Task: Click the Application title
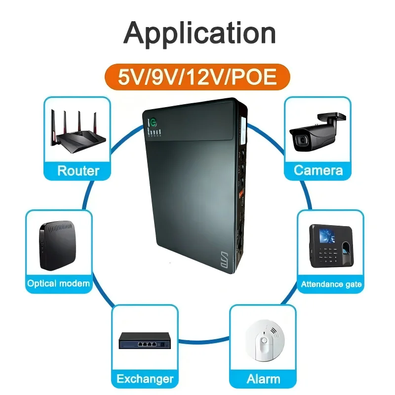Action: pyautogui.click(x=199, y=33)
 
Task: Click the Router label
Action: pyautogui.click(x=78, y=171)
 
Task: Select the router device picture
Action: pyautogui.click(x=78, y=130)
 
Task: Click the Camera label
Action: pyautogui.click(x=318, y=170)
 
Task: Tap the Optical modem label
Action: pyautogui.click(x=58, y=283)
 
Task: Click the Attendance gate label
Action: pyautogui.click(x=331, y=284)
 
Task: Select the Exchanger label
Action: pyautogui.click(x=145, y=379)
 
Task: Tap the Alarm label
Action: pyautogui.click(x=263, y=379)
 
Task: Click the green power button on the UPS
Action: pyautogui.click(x=154, y=121)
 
